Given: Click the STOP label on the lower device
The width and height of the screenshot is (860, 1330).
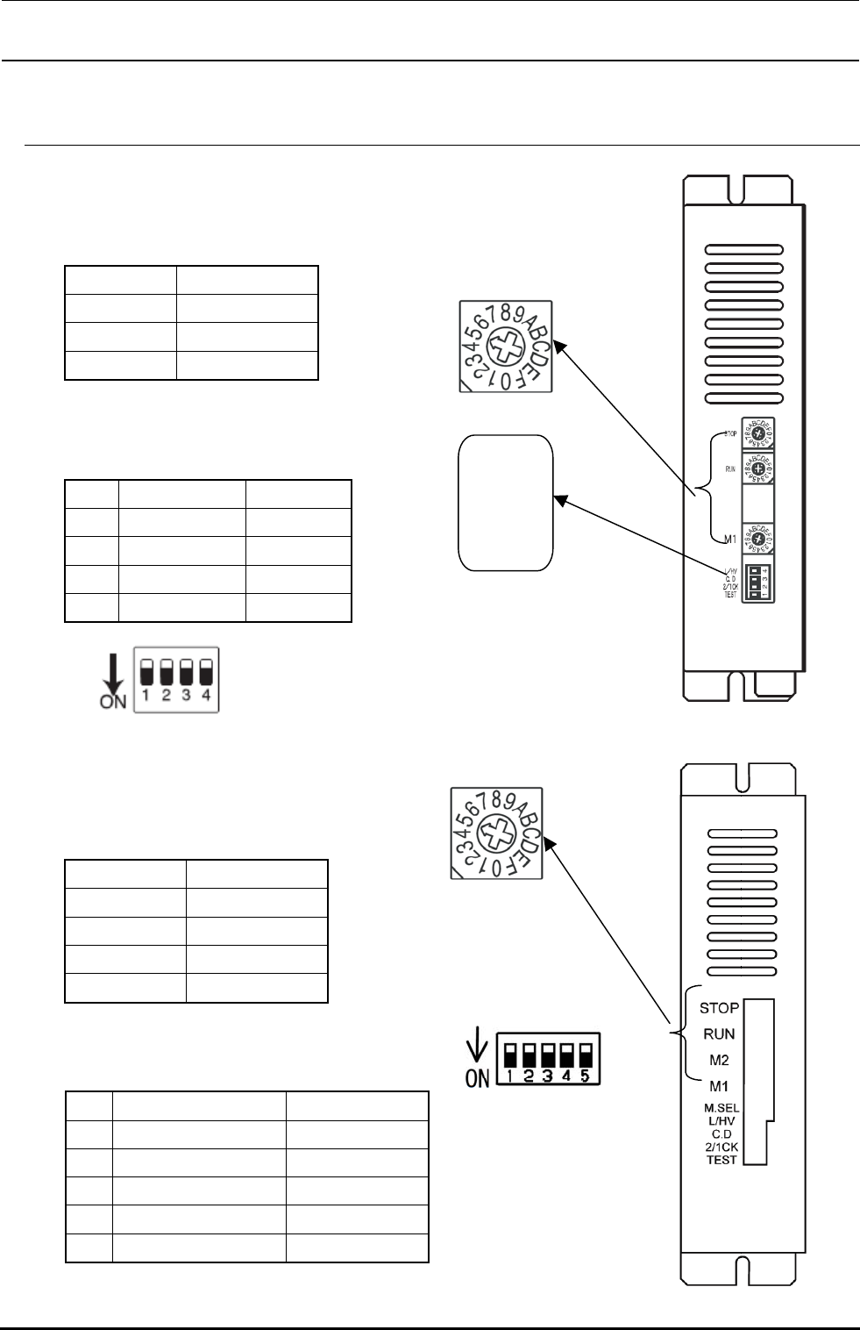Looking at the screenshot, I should (x=719, y=1009).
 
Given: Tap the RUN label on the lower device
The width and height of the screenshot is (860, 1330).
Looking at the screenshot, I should (x=719, y=1034).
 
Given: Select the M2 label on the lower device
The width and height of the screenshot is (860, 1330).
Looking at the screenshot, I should (x=719, y=1060).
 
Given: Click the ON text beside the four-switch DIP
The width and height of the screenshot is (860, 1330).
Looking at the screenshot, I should (x=113, y=701).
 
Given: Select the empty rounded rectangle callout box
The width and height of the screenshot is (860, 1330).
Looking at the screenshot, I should (x=506, y=503).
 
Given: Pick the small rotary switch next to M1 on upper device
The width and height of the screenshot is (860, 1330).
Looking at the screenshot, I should (x=757, y=538).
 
